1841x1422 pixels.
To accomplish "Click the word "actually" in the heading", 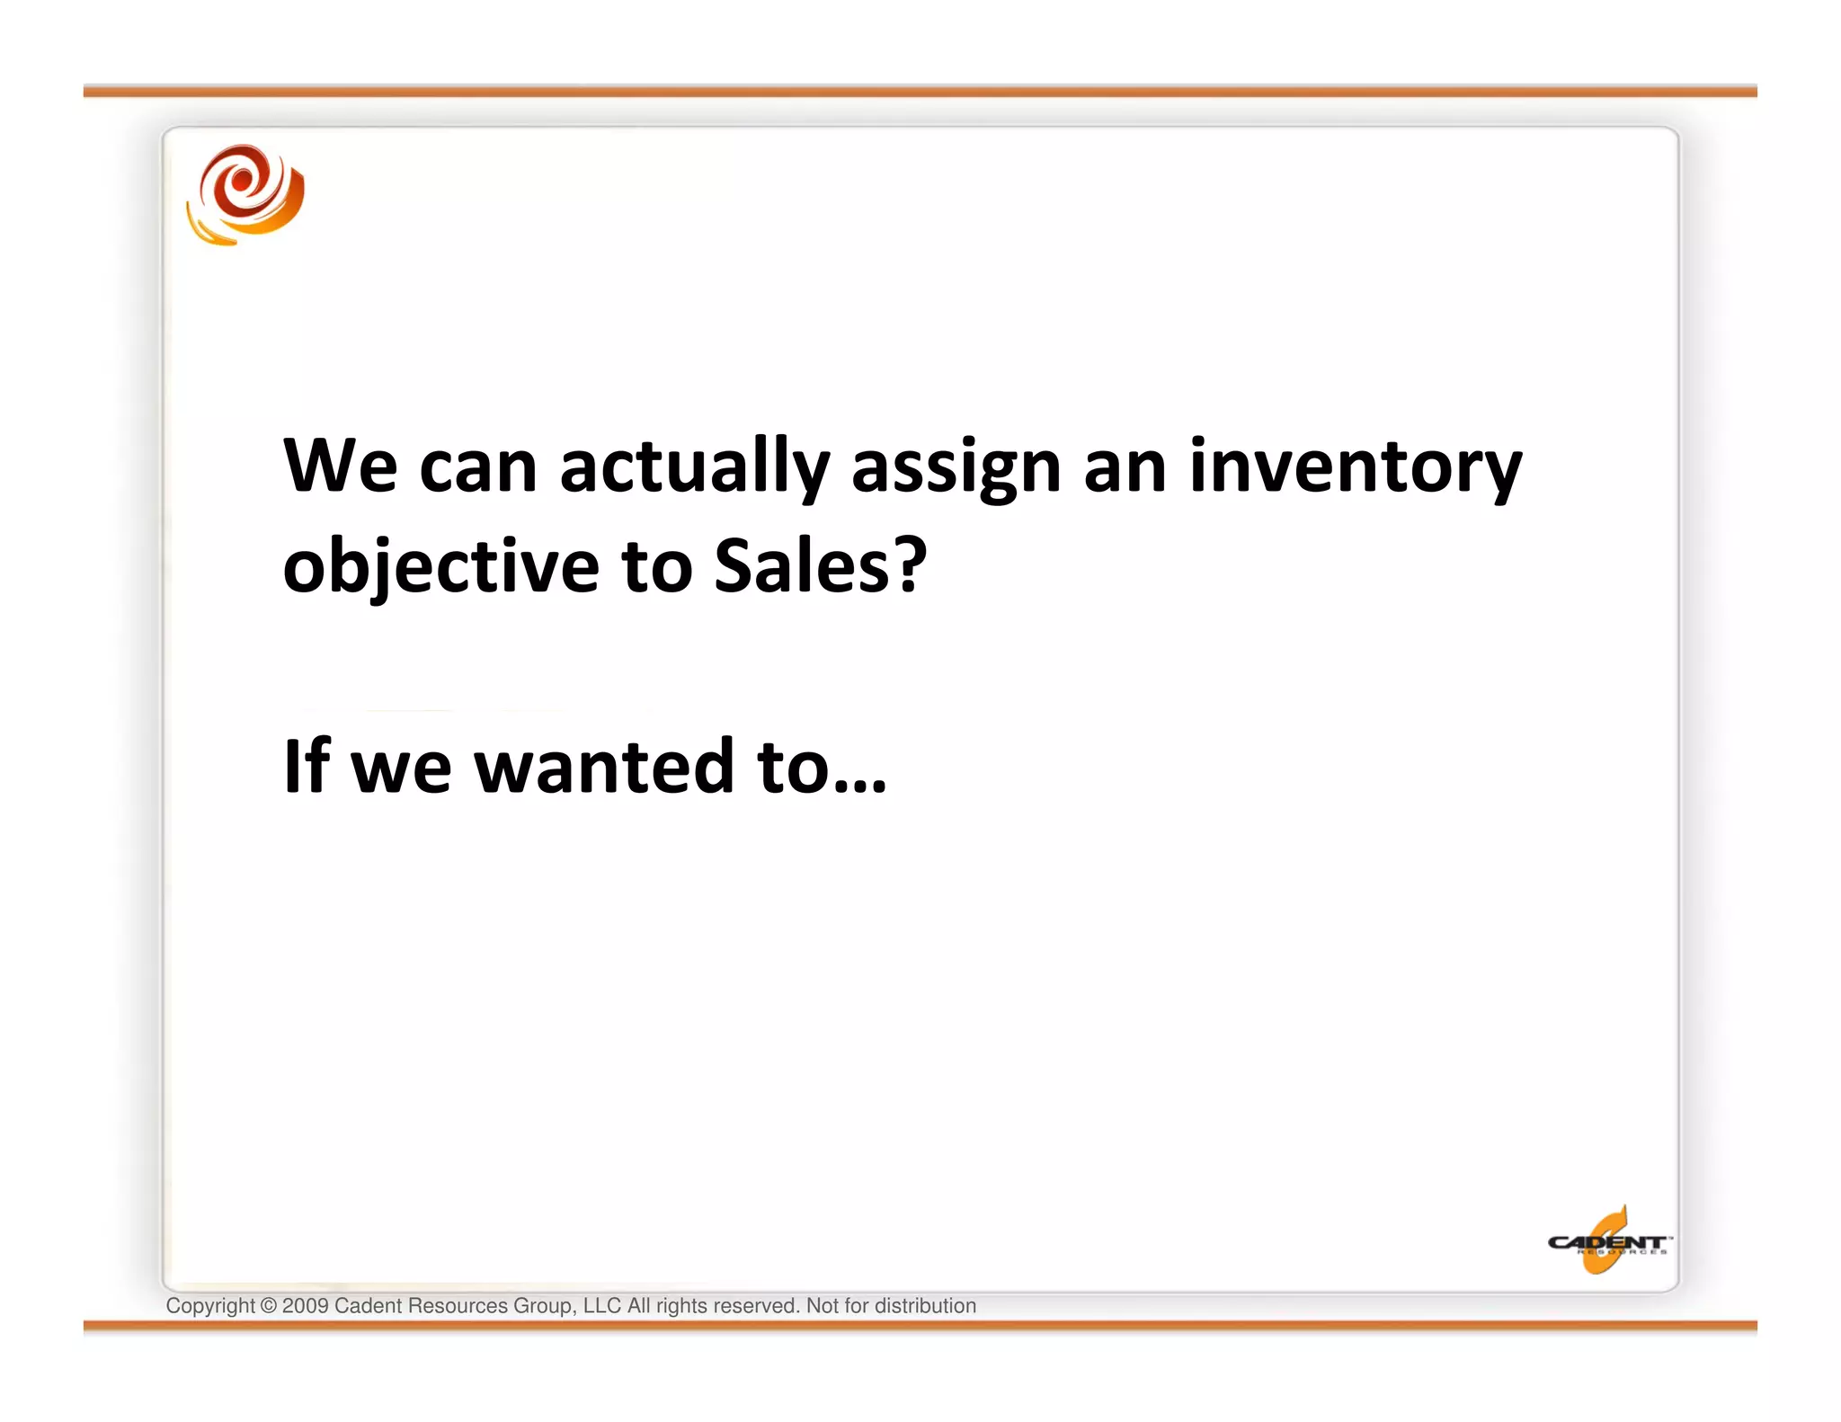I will pos(694,467).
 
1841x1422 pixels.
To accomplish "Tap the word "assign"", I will pos(956,469).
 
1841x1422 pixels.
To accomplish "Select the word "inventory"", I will pos(1356,467).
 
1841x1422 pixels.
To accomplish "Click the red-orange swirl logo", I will pos(245,195).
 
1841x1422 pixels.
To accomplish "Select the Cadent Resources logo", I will pos(1607,1242).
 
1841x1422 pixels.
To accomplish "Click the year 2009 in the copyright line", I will pos(305,1306).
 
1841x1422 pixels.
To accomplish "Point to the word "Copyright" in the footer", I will pos(210,1306).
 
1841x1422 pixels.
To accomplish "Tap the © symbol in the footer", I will pos(269,1306).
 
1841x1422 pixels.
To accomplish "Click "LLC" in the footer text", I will pos(601,1306).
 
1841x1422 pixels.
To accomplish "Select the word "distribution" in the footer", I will pos(925,1306).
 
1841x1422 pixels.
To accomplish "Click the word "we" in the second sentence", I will pos(401,769).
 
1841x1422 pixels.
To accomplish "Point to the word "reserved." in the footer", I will pos(756,1306).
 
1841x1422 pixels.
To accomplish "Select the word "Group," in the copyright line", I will pos(545,1306).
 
